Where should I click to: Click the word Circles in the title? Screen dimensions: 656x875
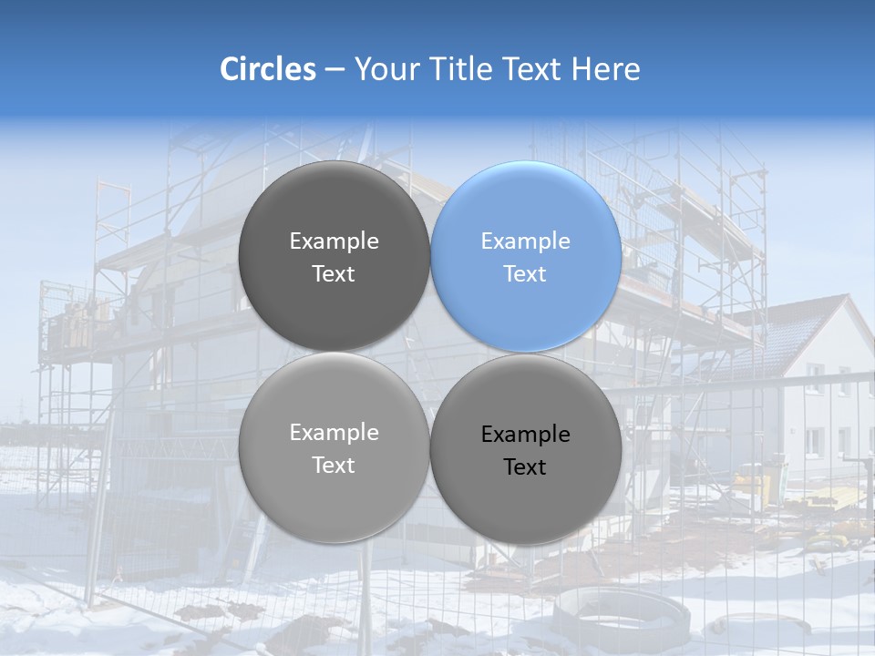point(267,69)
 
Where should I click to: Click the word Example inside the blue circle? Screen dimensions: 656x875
point(525,241)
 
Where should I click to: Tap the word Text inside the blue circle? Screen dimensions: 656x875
point(525,273)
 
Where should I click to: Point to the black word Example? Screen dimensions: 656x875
point(525,435)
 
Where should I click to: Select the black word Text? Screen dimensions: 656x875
point(525,466)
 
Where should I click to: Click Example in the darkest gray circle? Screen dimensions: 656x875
point(334,241)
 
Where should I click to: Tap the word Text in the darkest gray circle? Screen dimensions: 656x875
point(334,273)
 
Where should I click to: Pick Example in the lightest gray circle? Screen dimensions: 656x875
point(334,433)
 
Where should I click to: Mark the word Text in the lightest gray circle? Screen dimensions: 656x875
point(334,465)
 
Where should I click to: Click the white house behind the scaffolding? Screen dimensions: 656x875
point(820,383)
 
